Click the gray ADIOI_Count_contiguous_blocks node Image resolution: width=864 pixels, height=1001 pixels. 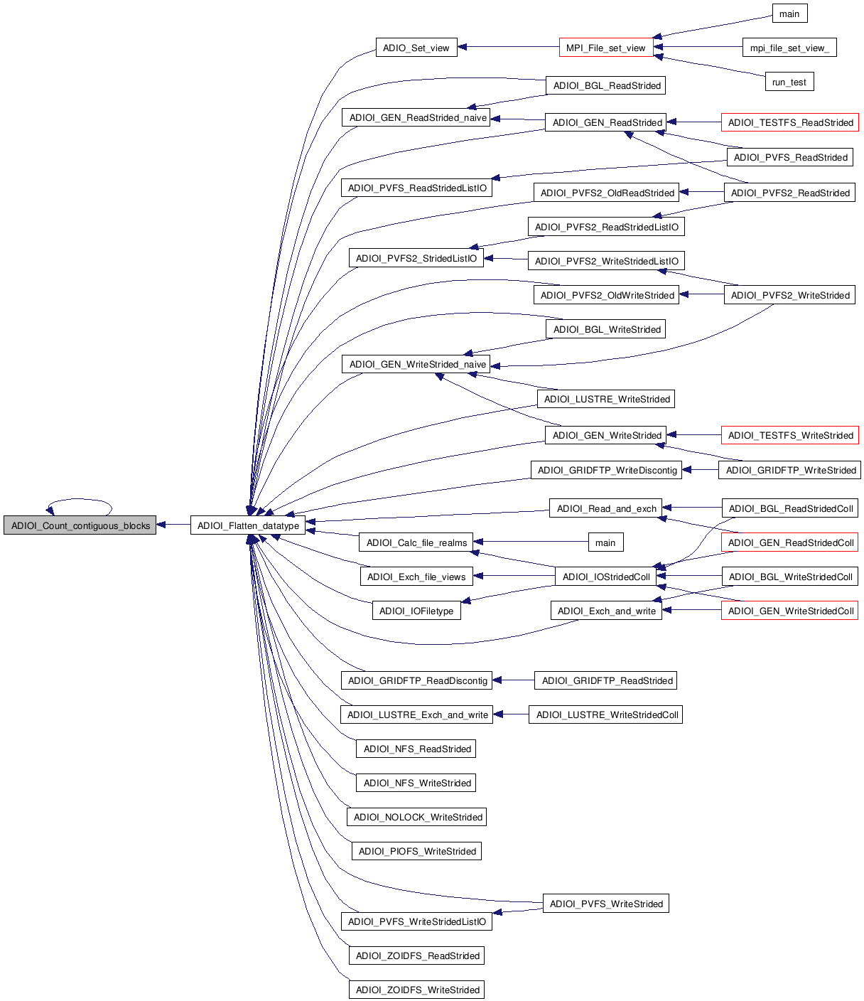[x=80, y=525]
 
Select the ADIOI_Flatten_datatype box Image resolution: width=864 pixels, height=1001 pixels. [x=248, y=525]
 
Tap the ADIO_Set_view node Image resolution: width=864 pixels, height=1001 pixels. [x=416, y=48]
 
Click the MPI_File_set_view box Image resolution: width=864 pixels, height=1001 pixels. [x=605, y=48]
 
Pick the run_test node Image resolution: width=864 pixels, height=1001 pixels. [x=789, y=82]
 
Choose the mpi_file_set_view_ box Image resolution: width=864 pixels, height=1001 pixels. [x=789, y=48]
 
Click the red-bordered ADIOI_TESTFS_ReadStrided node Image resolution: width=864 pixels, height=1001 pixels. [x=790, y=122]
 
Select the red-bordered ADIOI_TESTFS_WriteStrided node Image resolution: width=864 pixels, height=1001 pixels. [x=790, y=435]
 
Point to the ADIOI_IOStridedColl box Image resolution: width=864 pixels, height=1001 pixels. [x=605, y=577]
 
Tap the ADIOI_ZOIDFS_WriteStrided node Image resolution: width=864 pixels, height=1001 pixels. [x=417, y=990]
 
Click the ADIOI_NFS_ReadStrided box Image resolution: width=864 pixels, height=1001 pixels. [x=417, y=749]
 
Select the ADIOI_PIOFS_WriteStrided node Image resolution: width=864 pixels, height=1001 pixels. [x=417, y=851]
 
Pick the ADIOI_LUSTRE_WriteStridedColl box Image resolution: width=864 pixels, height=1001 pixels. [x=606, y=714]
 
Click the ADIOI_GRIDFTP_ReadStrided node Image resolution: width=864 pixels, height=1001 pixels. [x=606, y=680]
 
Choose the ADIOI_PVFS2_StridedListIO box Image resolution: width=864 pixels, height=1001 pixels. [x=416, y=258]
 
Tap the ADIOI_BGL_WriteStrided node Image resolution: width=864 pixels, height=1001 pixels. [x=606, y=329]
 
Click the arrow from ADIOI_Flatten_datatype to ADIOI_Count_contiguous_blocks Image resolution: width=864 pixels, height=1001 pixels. [x=173, y=525]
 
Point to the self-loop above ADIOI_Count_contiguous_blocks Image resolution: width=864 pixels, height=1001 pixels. [x=80, y=500]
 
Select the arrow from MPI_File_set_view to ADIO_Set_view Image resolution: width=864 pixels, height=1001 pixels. [x=508, y=48]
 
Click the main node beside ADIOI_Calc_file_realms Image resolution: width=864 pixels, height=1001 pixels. [x=605, y=542]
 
